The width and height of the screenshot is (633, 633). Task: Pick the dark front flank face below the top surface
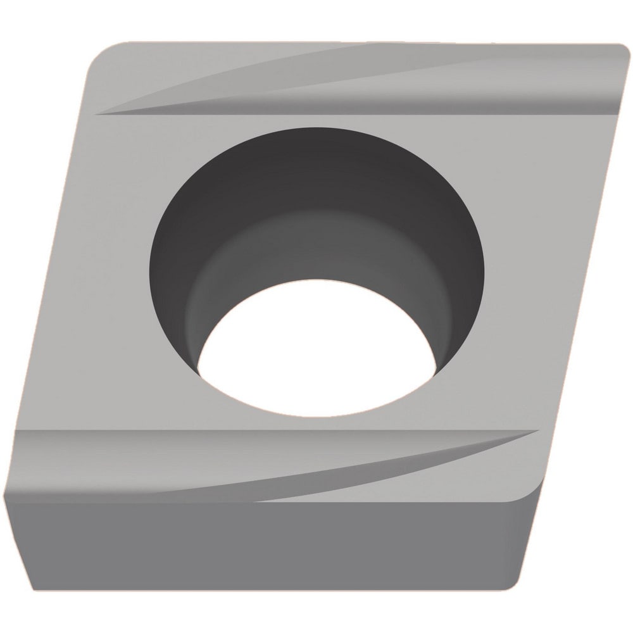click(253, 544)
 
